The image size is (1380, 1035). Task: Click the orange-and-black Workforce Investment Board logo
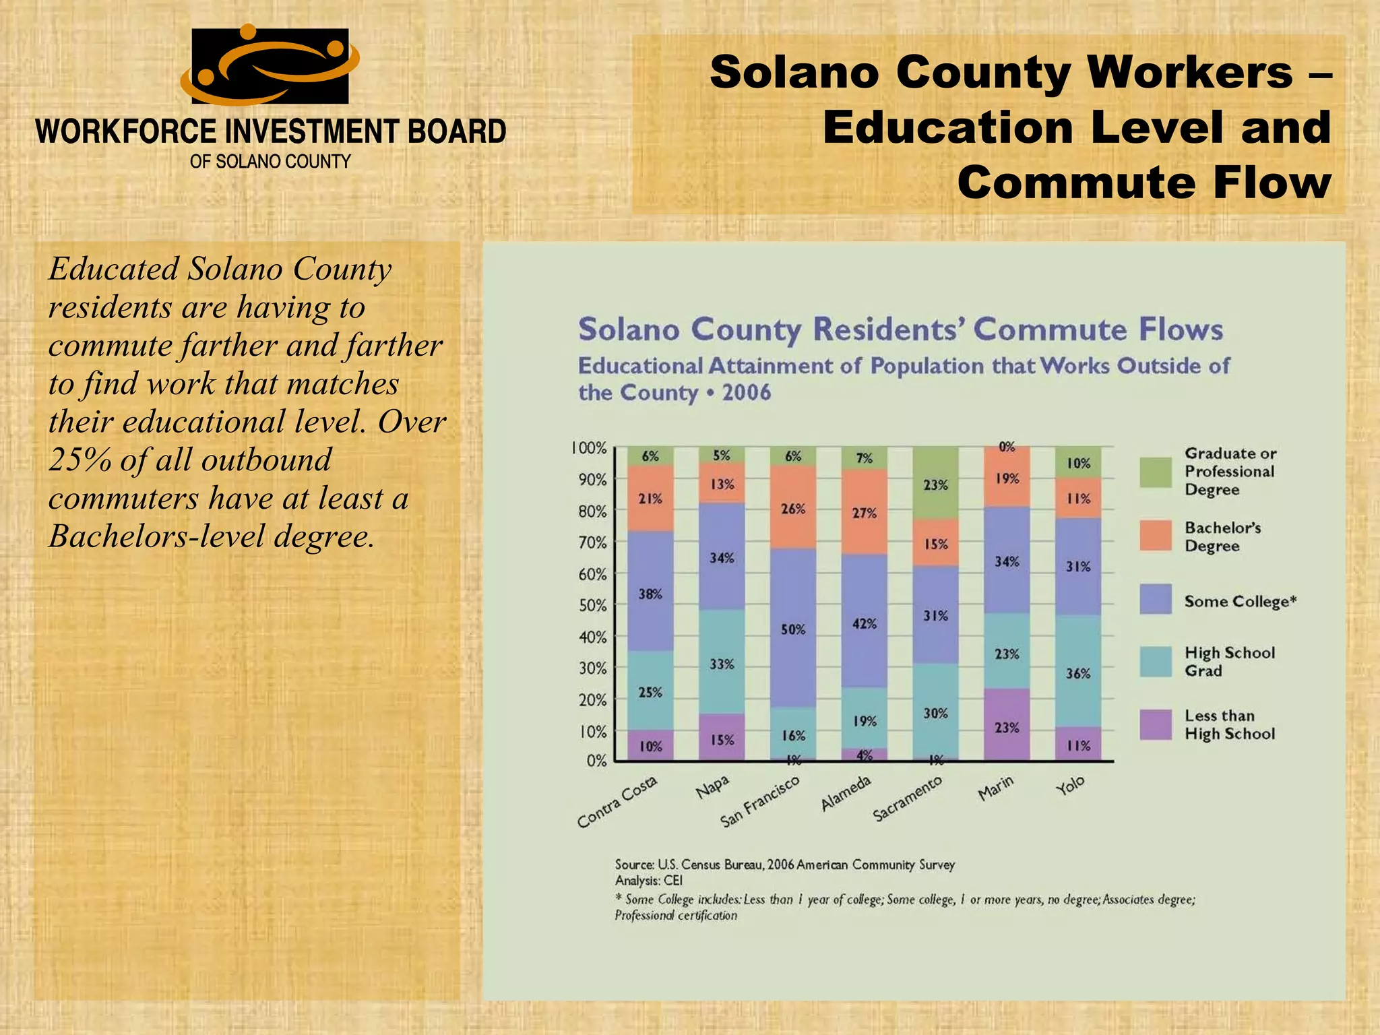(x=270, y=65)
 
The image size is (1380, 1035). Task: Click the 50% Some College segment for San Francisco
(x=793, y=628)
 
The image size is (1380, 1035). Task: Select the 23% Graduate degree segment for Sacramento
(x=935, y=482)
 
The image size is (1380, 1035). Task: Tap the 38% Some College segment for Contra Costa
(x=650, y=591)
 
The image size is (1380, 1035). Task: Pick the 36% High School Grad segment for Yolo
(x=1078, y=671)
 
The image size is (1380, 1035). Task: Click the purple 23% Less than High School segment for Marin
(x=1007, y=725)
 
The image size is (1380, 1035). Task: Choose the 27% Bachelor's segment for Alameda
(x=865, y=512)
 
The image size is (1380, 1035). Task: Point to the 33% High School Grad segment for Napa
(x=722, y=662)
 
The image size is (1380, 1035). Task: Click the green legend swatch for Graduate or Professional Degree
(x=1156, y=472)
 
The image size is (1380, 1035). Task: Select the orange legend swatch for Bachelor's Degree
(x=1156, y=536)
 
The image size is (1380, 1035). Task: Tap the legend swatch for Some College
(x=1156, y=599)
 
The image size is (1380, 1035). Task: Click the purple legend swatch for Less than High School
(x=1156, y=724)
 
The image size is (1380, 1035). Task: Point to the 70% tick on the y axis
(x=593, y=542)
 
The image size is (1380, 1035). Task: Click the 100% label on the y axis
(x=589, y=448)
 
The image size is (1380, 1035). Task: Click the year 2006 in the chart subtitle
(x=746, y=392)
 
